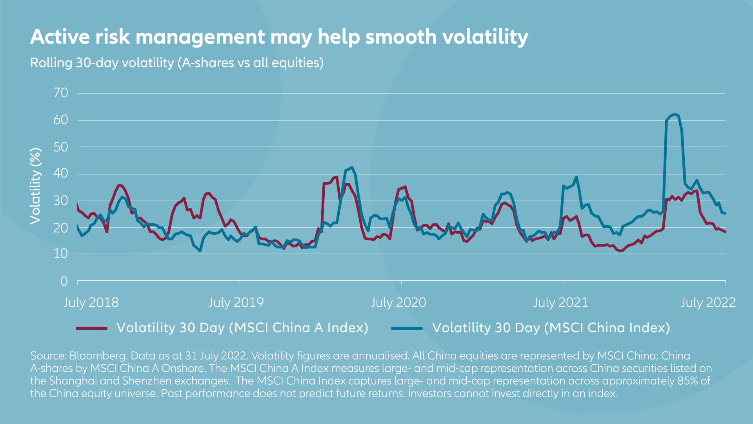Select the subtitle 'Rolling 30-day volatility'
pos(102,63)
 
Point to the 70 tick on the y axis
pos(61,93)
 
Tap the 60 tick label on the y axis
pos(61,120)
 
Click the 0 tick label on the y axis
pos(64,281)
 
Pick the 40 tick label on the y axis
pos(61,174)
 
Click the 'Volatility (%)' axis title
pos(36,186)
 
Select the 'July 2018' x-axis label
pos(91,303)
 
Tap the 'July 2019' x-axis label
pos(236,303)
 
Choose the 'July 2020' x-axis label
pos(398,303)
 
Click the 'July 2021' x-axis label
pos(560,303)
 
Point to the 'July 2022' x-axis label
pos(708,303)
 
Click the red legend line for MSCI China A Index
pos(92,328)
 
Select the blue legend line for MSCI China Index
pos(407,328)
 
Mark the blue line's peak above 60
pos(675,114)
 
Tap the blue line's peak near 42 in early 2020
pos(352,167)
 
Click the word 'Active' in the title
pos(60,37)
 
